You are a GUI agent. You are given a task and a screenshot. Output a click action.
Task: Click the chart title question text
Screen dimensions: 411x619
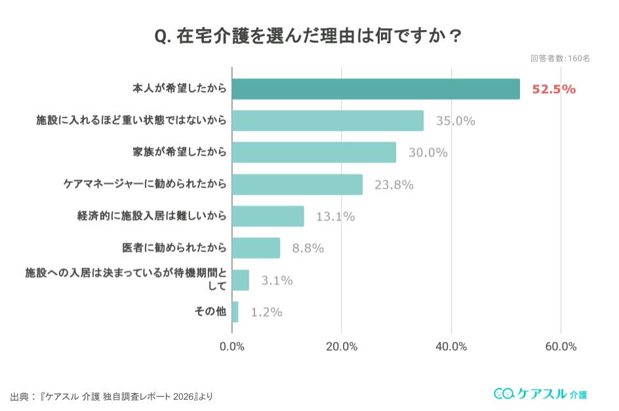coord(308,35)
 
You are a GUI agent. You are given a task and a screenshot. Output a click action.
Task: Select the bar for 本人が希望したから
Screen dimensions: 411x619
coord(376,89)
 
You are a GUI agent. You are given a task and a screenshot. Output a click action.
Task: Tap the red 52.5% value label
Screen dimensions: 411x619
coord(553,89)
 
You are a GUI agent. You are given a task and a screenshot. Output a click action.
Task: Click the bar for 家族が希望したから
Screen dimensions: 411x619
coord(314,153)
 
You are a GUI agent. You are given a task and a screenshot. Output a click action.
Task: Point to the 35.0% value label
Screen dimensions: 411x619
coord(456,121)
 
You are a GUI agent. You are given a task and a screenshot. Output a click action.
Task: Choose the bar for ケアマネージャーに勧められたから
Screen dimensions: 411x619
coord(297,185)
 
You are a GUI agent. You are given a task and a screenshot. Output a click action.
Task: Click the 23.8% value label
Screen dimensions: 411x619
coord(394,185)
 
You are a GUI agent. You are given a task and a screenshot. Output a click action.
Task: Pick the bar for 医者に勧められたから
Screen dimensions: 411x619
coord(256,248)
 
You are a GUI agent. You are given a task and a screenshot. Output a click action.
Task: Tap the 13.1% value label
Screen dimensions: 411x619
coord(335,216)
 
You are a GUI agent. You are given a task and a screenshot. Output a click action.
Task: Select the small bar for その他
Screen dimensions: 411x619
coord(235,312)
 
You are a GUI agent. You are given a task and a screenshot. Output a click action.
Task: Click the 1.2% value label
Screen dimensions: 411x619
coord(266,312)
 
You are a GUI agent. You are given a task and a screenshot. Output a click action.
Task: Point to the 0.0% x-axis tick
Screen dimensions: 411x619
coord(232,346)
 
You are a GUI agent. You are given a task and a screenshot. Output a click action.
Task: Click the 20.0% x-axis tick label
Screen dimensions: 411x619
coord(342,346)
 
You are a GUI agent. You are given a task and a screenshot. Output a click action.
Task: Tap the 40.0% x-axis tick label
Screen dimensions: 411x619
coord(451,346)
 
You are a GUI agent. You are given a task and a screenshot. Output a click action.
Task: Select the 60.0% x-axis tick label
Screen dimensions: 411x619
coord(561,346)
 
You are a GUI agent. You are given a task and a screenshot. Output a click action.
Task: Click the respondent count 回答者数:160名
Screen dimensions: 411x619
coord(560,58)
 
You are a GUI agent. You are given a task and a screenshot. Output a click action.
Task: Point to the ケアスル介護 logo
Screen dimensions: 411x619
coord(540,393)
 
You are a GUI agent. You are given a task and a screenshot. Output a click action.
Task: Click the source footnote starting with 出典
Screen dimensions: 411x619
coord(111,397)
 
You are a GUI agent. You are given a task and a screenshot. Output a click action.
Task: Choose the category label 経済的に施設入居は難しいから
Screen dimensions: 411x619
coord(151,216)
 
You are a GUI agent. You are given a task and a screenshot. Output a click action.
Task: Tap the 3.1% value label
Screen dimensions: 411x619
coord(277,281)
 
